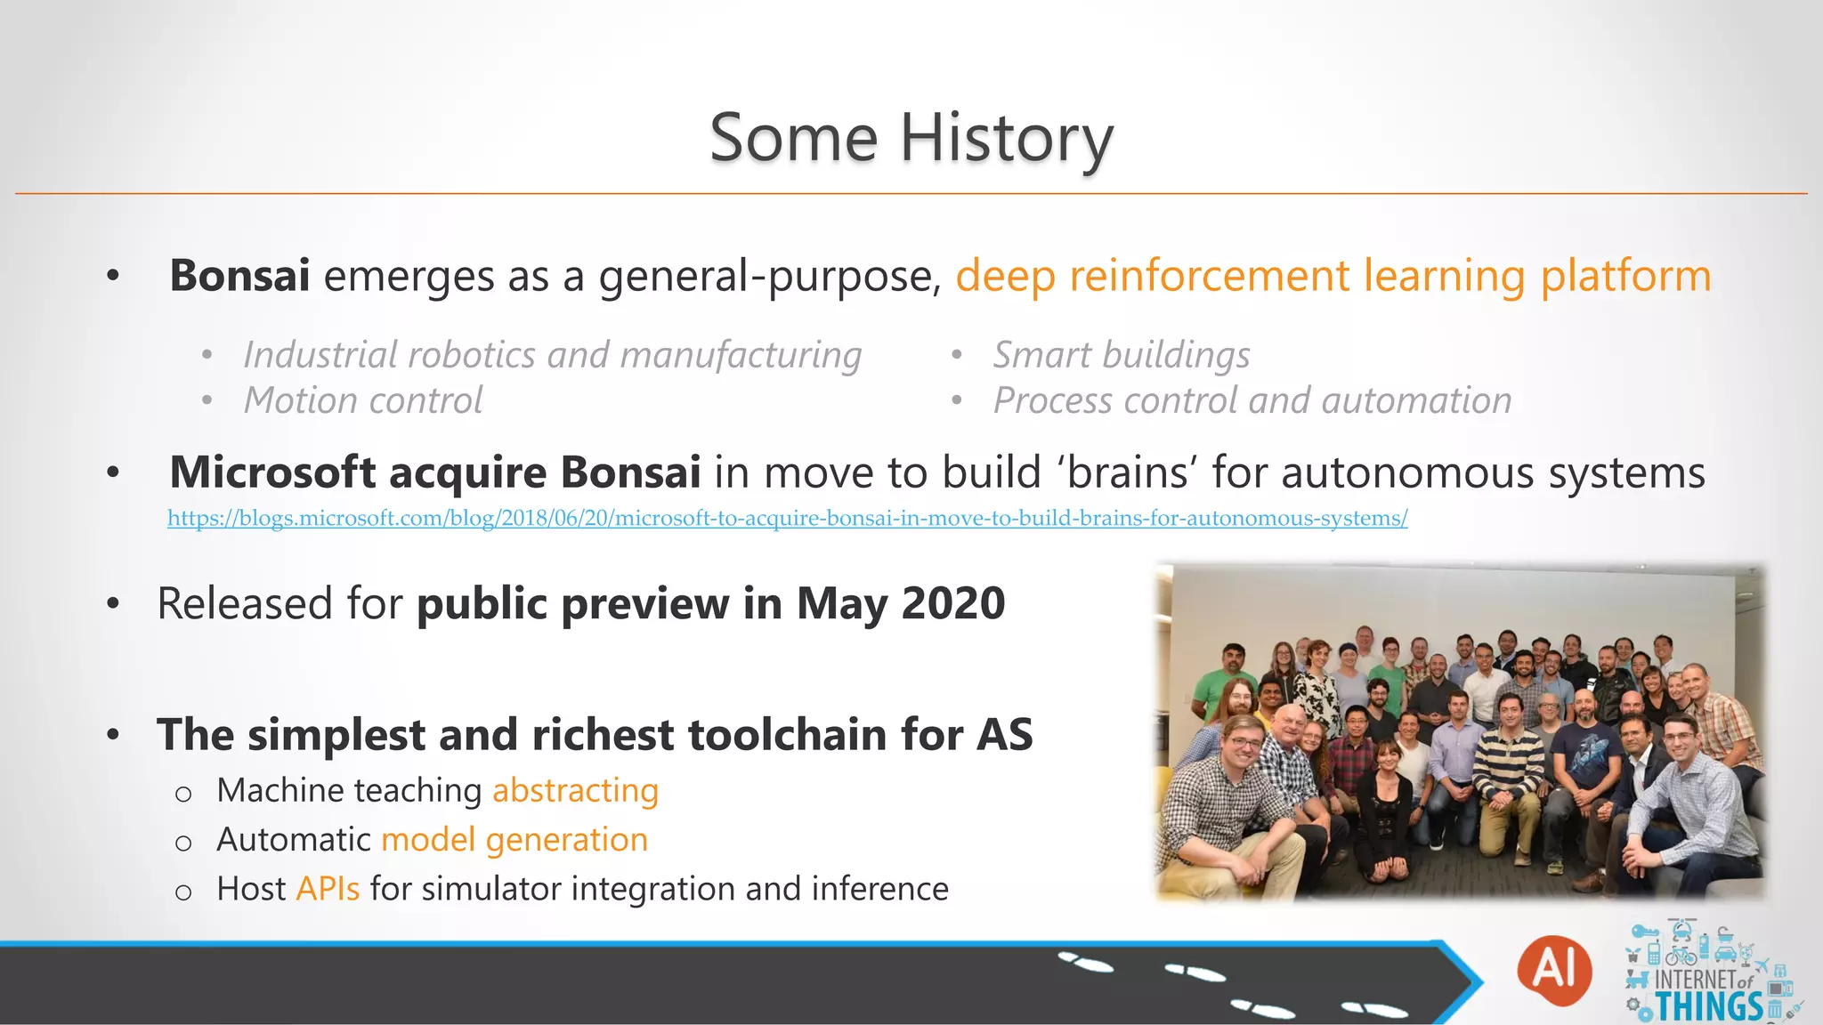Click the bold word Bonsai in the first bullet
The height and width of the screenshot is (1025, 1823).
239,275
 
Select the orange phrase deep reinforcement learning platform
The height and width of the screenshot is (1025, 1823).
1333,276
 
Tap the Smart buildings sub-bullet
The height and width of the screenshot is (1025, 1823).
1121,355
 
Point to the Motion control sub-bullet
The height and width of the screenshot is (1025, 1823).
363,400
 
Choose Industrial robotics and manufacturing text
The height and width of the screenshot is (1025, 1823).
552,355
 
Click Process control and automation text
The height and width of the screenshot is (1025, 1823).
1252,400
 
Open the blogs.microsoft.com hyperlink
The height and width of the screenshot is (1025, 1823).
787,518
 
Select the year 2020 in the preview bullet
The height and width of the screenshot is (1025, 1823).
952,603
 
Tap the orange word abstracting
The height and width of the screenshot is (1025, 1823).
575,790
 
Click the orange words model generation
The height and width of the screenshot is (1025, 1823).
514,840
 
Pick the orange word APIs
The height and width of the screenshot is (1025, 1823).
328,889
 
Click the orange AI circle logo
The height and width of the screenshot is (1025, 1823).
1554,970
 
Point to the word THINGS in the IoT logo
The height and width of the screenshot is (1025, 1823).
1708,1006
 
